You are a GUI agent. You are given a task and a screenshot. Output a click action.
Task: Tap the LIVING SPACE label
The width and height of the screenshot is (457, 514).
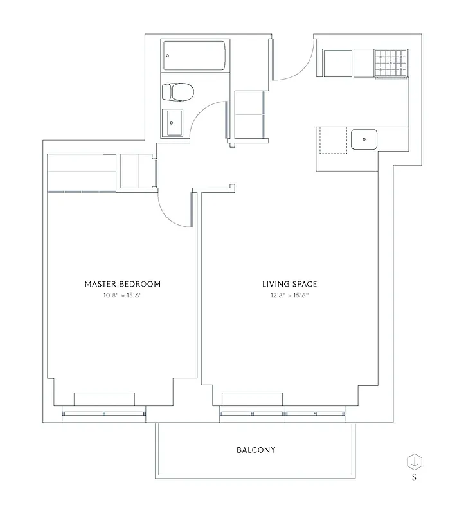(290, 283)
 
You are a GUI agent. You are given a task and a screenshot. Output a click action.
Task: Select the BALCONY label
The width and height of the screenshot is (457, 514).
(256, 450)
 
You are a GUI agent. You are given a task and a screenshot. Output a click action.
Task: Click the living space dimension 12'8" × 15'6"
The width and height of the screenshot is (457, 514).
(290, 296)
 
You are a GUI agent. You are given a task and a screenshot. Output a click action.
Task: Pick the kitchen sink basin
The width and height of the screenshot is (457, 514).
(363, 138)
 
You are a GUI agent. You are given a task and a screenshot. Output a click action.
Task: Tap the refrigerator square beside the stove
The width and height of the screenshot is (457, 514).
(337, 64)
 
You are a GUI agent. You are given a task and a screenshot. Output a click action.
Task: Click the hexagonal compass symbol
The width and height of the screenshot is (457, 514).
(415, 461)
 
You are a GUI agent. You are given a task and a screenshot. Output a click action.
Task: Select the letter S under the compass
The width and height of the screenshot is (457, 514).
(415, 477)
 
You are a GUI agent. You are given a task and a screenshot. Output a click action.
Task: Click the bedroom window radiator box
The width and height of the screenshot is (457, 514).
(104, 398)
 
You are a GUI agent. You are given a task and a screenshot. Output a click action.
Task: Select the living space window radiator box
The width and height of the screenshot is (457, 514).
(252, 398)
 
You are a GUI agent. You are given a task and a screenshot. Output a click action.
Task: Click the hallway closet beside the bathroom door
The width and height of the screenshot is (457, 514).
(249, 114)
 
